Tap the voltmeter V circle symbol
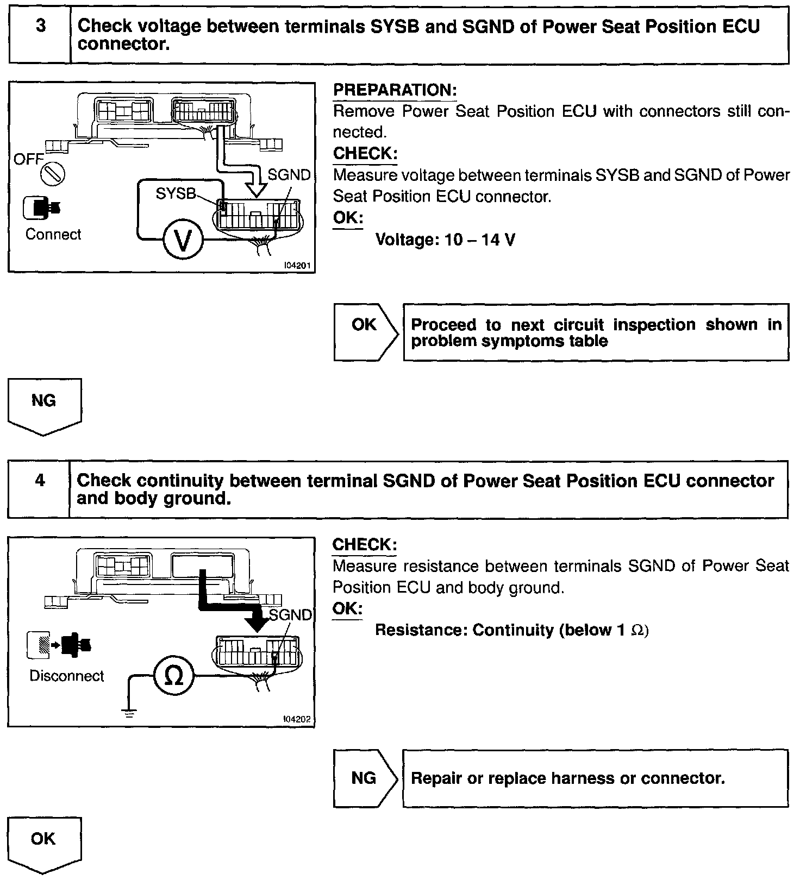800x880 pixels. pos(183,240)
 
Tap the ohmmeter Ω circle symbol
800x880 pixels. pos(173,676)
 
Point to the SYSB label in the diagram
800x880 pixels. pos(175,193)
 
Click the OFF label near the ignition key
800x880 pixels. pos(28,160)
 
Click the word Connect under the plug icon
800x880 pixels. pos(53,235)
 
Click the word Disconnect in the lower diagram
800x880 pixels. pos(67,676)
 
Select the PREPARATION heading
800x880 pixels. pos(395,90)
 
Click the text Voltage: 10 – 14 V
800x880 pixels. pos(445,240)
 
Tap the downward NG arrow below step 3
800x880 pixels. pos(45,405)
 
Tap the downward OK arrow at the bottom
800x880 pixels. pos(45,844)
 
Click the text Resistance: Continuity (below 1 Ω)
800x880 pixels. pos(512,630)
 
